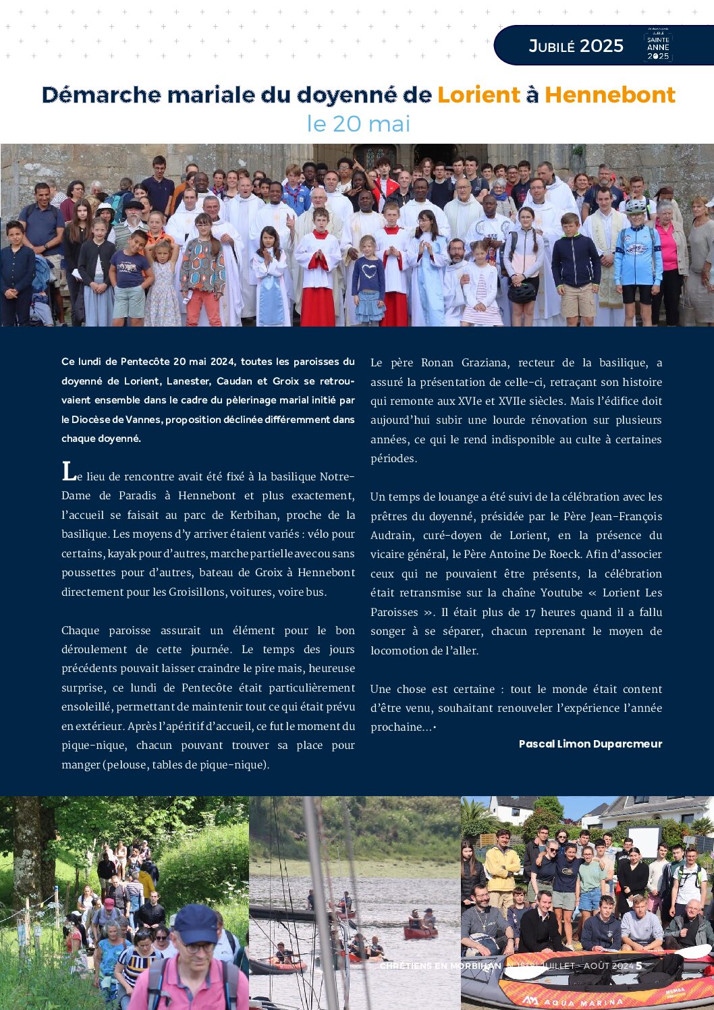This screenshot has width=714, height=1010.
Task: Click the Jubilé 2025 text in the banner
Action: click(576, 46)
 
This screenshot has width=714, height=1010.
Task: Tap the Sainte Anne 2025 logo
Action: click(658, 45)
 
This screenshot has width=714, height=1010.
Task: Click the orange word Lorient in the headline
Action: click(478, 94)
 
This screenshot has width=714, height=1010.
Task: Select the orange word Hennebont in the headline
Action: click(610, 94)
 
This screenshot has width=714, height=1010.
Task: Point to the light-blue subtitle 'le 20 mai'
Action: click(358, 123)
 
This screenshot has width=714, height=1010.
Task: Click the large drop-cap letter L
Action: click(68, 472)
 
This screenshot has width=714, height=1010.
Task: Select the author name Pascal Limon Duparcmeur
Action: click(591, 744)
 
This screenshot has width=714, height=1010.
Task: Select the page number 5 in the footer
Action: click(638, 965)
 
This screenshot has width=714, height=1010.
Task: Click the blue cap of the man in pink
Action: click(196, 923)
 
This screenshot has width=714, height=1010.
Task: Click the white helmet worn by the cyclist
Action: click(635, 205)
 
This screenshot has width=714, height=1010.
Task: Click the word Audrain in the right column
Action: click(391, 535)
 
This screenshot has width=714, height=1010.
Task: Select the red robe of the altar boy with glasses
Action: click(318, 304)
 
